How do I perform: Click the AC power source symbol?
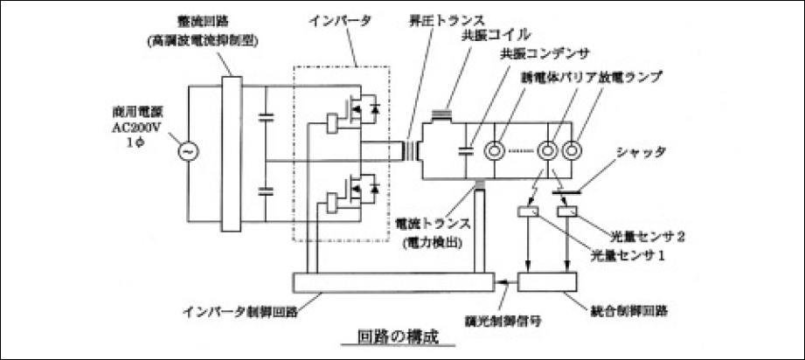(186, 151)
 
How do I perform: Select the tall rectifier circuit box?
(231, 152)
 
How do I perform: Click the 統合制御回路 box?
(548, 281)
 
